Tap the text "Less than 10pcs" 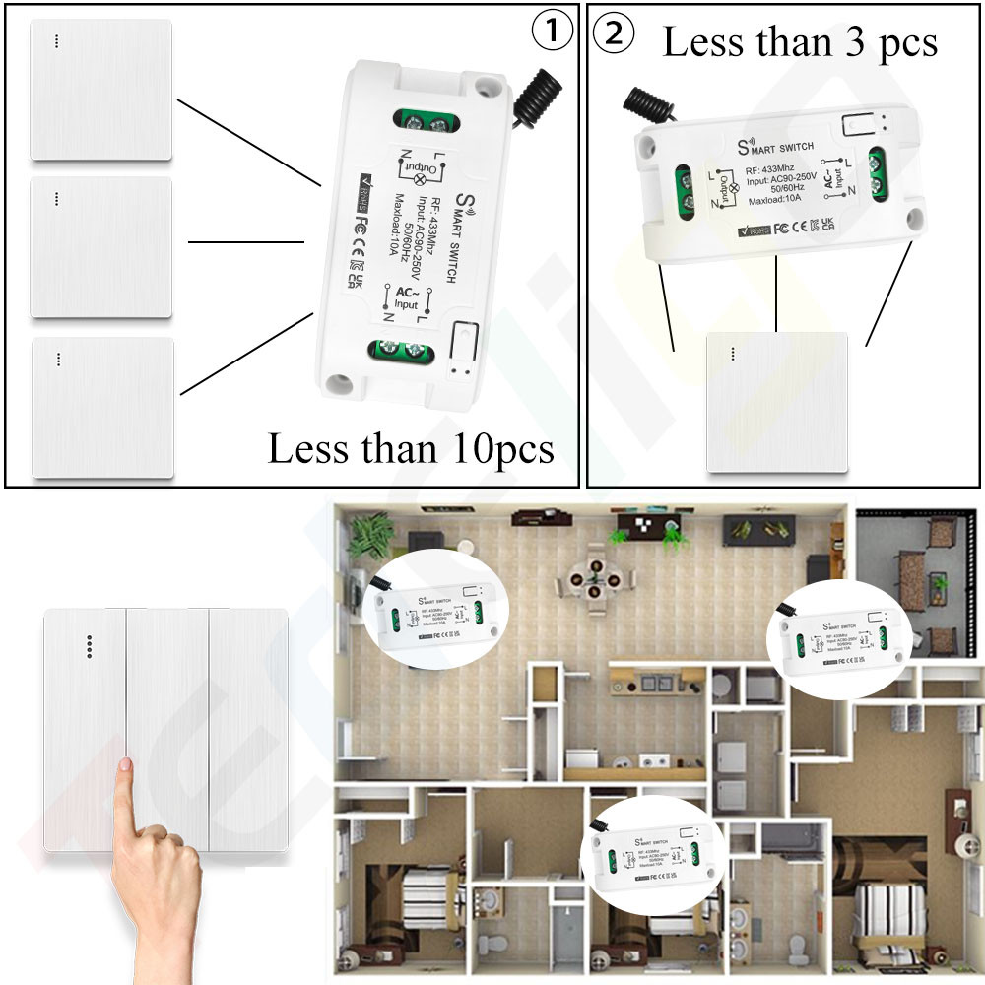point(411,449)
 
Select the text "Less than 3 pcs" point(800,42)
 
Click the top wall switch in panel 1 point(100,90)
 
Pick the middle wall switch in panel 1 point(100,247)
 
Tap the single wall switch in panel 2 point(777,405)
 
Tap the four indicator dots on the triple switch point(90,644)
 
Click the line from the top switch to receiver point(249,142)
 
